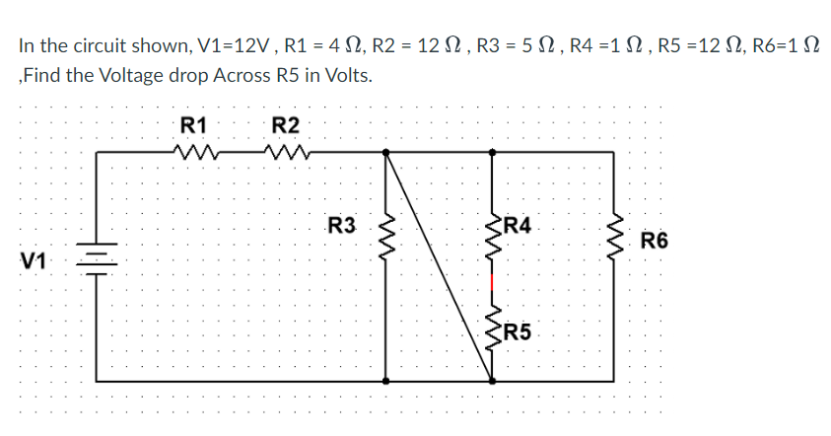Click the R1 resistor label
pyautogui.click(x=194, y=125)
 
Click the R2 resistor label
pyautogui.click(x=285, y=125)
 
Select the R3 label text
pyautogui.click(x=341, y=226)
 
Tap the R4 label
pyautogui.click(x=519, y=225)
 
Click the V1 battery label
pyautogui.click(x=34, y=260)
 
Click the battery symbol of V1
pyautogui.click(x=97, y=258)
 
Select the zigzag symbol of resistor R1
pyautogui.click(x=194, y=152)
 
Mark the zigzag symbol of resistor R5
pyautogui.click(x=493, y=326)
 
